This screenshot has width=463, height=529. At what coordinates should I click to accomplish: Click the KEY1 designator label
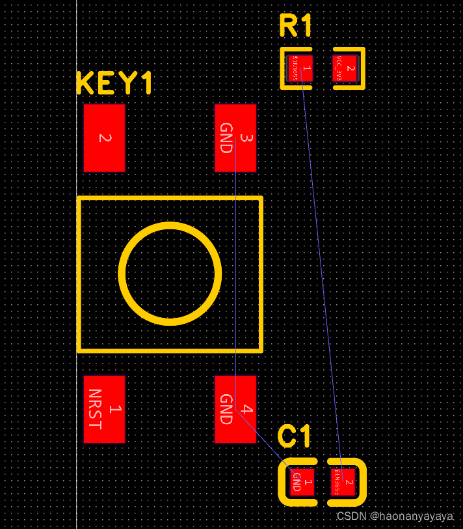[x=114, y=83]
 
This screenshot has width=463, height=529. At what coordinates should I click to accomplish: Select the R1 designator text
[x=296, y=26]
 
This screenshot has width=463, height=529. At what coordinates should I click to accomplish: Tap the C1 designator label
[x=294, y=436]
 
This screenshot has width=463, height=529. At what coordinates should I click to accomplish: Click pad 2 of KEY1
[x=104, y=138]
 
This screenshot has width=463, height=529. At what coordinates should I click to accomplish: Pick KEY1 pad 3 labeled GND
[x=235, y=138]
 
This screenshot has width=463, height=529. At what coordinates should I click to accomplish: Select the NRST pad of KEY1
[x=104, y=409]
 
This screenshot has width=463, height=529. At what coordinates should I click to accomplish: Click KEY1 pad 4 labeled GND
[x=235, y=409]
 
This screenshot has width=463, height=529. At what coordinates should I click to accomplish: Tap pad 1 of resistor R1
[x=301, y=68]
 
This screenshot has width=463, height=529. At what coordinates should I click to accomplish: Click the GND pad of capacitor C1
[x=302, y=482]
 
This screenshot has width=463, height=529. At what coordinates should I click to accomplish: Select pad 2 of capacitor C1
[x=343, y=482]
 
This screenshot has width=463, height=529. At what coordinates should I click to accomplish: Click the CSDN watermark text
[x=394, y=516]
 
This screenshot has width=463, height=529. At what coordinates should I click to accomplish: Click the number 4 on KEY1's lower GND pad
[x=246, y=409]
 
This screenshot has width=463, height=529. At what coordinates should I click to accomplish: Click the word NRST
[x=95, y=409]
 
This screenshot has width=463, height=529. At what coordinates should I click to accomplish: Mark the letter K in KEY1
[x=85, y=83]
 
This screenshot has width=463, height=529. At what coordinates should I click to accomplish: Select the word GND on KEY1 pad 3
[x=226, y=138]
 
